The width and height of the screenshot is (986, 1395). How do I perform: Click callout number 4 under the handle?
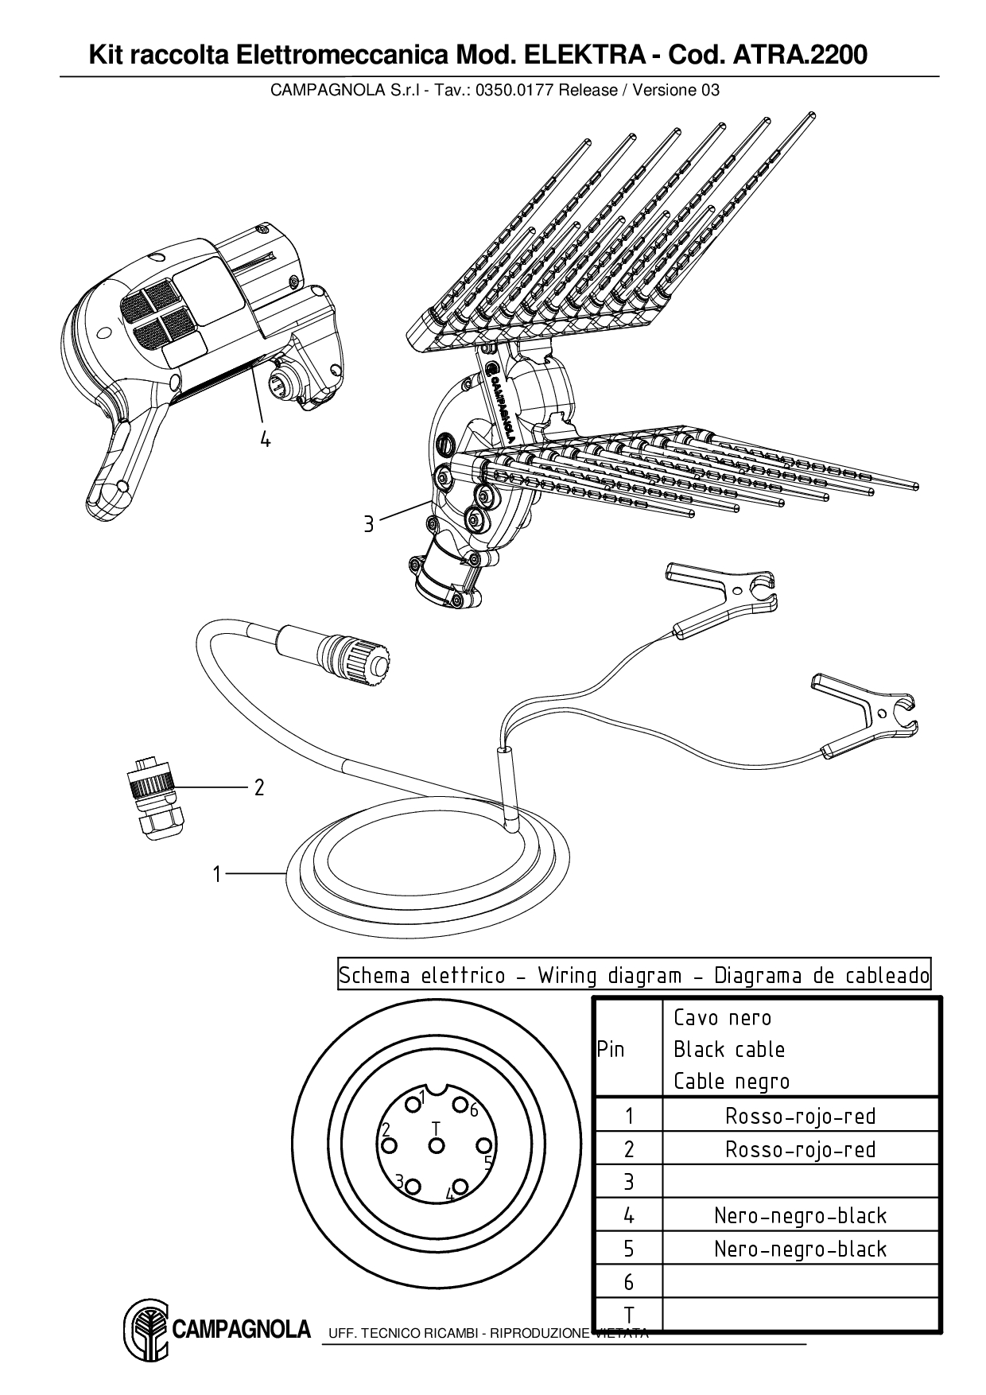(265, 438)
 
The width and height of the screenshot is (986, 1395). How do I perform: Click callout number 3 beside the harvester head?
(368, 525)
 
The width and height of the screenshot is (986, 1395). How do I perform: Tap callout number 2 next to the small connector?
(258, 787)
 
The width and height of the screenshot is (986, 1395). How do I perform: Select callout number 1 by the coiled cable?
(216, 874)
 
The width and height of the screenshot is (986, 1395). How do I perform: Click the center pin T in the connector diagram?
(436, 1145)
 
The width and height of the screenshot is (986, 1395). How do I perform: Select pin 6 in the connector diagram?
(460, 1104)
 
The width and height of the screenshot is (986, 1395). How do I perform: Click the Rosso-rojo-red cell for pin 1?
(800, 1116)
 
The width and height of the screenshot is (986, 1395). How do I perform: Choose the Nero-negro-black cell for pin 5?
(800, 1249)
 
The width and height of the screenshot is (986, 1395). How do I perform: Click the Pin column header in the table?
(611, 1049)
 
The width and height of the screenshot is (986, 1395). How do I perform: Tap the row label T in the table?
(628, 1315)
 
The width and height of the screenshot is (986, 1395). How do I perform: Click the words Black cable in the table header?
(728, 1050)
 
